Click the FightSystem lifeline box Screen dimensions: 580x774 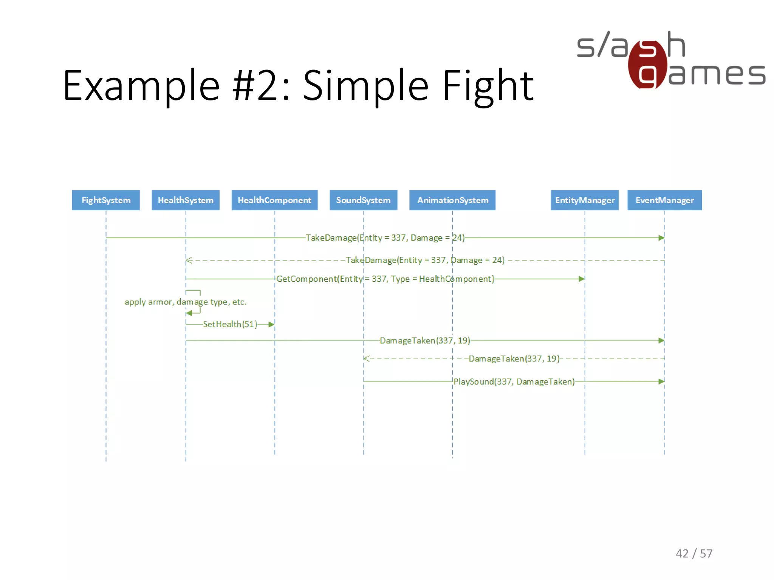tap(106, 200)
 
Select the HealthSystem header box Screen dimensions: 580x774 tap(186, 200)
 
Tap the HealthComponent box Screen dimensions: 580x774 tap(274, 200)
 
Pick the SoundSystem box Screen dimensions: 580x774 tap(363, 200)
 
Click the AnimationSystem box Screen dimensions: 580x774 tap(452, 200)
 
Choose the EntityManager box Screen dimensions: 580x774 tap(585, 200)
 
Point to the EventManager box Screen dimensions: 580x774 tap(664, 200)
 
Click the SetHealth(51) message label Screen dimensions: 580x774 tap(230, 324)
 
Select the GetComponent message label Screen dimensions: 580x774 tap(385, 279)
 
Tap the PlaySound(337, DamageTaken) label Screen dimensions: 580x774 tap(514, 382)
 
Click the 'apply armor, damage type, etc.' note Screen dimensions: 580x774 tap(186, 302)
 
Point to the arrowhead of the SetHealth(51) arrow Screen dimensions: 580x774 tap(271, 324)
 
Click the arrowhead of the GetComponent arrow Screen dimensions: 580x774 tap(582, 279)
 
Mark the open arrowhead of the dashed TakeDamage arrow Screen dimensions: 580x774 tap(189, 260)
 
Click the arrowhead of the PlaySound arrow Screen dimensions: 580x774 tap(661, 382)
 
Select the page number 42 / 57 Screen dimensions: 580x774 tap(694, 554)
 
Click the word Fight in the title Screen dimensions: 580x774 tap(488, 86)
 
